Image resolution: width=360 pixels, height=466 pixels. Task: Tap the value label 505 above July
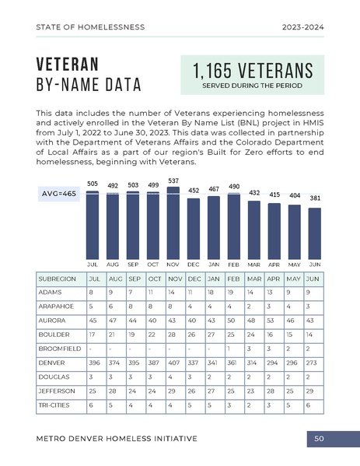[x=93, y=184]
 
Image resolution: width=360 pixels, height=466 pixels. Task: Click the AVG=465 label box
[x=59, y=194]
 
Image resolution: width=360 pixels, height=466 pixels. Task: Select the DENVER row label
[x=51, y=363]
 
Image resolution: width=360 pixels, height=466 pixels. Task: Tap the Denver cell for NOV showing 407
[x=175, y=363]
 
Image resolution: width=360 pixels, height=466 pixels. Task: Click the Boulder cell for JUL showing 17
[x=93, y=335]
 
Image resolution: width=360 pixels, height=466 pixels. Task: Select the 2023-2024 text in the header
[x=304, y=26]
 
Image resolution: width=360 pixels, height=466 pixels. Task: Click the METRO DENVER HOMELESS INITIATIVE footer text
[x=117, y=439]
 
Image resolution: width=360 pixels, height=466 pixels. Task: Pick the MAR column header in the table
[x=253, y=279]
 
